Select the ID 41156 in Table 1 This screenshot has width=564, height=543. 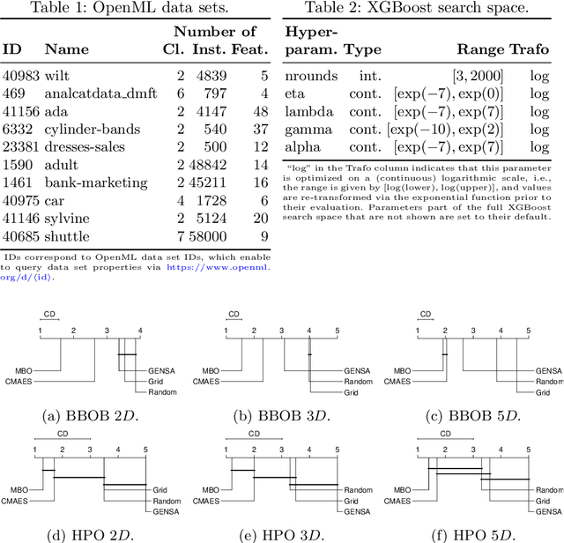(x=19, y=112)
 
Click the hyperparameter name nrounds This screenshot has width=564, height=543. (x=309, y=77)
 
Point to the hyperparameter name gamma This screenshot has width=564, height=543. (x=306, y=130)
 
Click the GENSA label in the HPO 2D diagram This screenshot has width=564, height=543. (x=160, y=510)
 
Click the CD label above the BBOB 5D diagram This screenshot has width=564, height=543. (x=424, y=313)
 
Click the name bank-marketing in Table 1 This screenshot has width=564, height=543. (x=96, y=182)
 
